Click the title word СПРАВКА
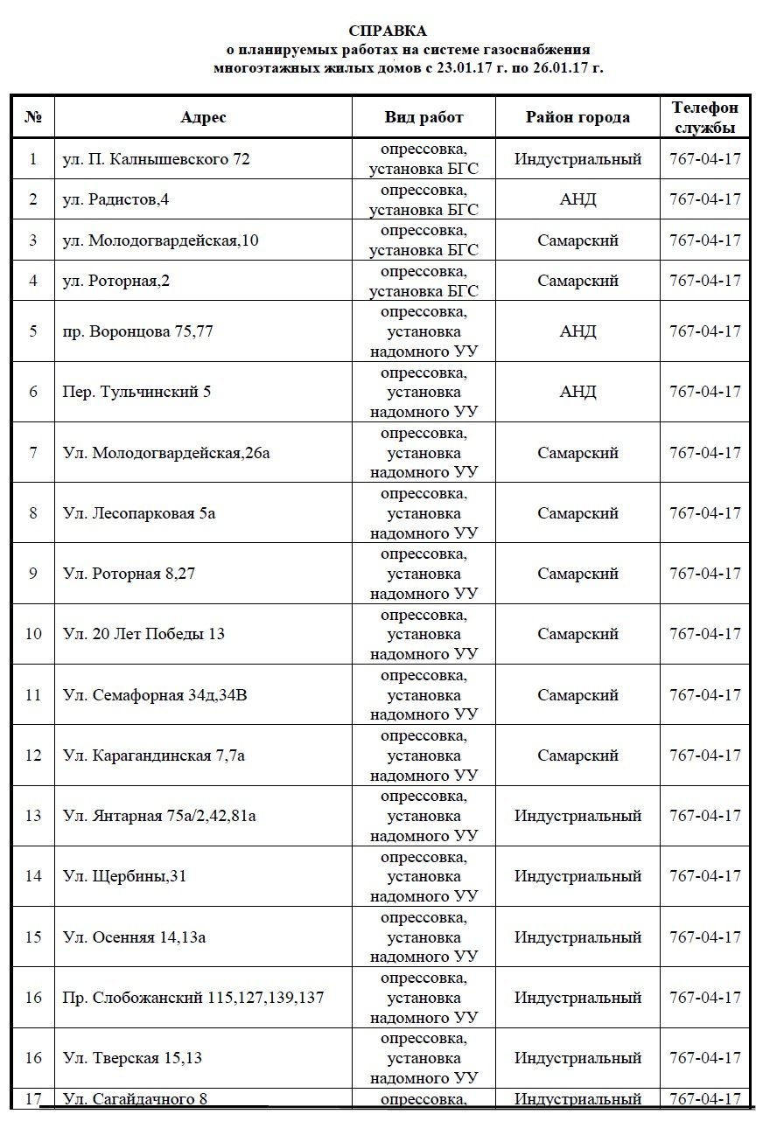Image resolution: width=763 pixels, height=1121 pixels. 381,31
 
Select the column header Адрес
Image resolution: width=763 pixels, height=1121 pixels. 203,117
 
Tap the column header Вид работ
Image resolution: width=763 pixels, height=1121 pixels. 423,117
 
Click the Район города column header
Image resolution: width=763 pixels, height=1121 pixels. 577,117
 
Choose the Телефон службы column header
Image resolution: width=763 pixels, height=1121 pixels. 704,117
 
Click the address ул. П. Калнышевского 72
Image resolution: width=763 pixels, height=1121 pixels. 157,159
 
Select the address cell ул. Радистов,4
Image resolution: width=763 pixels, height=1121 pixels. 116,199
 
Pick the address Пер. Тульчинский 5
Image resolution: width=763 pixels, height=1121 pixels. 137,392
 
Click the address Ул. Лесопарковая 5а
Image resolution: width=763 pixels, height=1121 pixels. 139,513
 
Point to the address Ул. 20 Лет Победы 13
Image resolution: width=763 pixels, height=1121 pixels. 143,634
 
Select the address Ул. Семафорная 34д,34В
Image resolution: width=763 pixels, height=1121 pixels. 161,695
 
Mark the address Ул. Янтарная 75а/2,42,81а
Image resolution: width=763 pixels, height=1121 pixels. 159,816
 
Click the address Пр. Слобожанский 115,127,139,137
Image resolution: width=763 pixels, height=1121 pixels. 193,998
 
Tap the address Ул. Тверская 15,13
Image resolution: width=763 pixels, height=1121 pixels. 132,1058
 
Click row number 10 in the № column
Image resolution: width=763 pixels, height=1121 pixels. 33,634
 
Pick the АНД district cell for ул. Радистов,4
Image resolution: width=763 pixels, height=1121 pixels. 577,199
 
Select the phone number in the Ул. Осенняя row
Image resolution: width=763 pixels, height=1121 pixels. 704,937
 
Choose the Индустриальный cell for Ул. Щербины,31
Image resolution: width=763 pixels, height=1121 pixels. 577,876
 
